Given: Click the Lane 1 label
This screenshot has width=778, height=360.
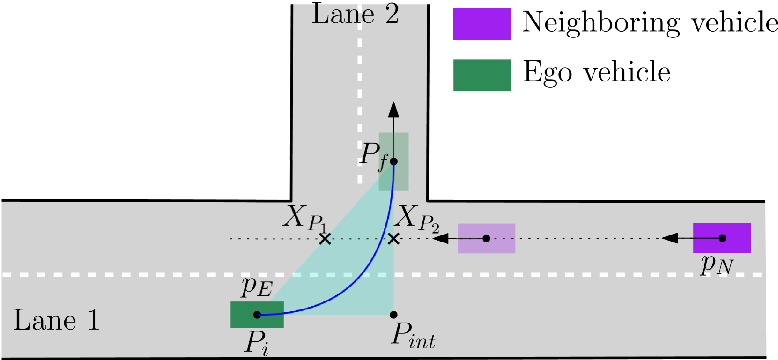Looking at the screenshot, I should pyautogui.click(x=56, y=320).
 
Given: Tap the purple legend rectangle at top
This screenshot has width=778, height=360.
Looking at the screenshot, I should pyautogui.click(x=482, y=24).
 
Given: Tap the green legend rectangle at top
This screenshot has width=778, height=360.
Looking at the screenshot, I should pyautogui.click(x=482, y=75).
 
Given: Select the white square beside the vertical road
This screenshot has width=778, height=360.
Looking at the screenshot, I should pyautogui.click(x=273, y=180).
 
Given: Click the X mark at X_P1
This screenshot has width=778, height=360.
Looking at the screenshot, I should pyautogui.click(x=325, y=239).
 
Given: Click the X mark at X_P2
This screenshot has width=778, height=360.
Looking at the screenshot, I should pyautogui.click(x=394, y=239).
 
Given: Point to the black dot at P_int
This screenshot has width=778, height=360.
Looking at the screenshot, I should pyautogui.click(x=393, y=315).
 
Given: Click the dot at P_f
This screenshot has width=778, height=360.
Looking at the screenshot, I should pyautogui.click(x=394, y=162).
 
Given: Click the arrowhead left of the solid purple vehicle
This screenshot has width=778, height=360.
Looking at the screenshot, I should pyautogui.click(x=670, y=238).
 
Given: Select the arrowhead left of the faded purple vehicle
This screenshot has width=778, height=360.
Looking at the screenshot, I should pyautogui.click(x=440, y=239).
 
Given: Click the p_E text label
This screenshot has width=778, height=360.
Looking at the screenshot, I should pyautogui.click(x=256, y=287).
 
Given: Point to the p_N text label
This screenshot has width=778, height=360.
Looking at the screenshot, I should pyautogui.click(x=716, y=264).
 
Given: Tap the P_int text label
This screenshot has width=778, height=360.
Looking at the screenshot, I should pyautogui.click(x=413, y=336).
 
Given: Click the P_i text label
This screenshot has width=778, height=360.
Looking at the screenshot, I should pyautogui.click(x=256, y=343).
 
